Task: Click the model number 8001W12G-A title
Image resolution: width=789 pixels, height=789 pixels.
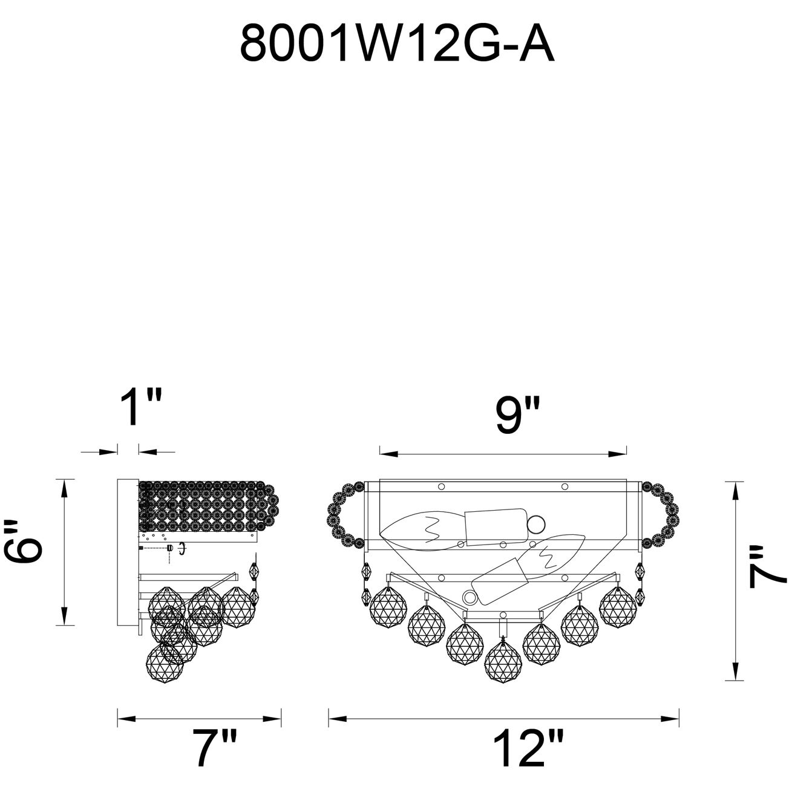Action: [x=396, y=42]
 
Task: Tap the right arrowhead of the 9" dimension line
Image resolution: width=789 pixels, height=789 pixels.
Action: [x=617, y=453]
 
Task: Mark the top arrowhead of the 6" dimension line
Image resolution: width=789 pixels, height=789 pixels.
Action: [x=64, y=488]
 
